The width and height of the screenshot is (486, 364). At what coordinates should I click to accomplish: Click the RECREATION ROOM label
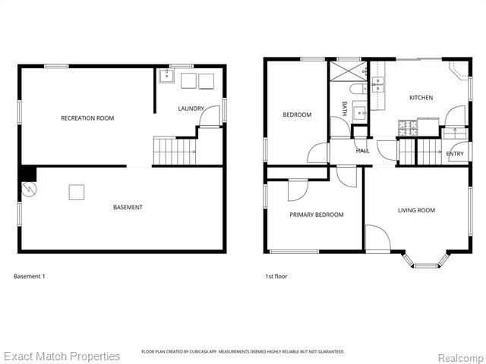[x=87, y=118]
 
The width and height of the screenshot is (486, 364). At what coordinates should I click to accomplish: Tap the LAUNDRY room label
[x=191, y=108]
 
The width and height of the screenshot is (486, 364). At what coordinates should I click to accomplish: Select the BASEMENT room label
[x=128, y=207]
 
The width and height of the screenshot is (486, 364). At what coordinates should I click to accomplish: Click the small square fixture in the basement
[x=77, y=192]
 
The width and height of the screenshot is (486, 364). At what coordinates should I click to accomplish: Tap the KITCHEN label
[x=421, y=98]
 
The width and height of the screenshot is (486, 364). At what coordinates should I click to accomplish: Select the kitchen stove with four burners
[x=407, y=126]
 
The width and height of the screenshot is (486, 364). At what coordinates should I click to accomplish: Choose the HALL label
[x=363, y=151]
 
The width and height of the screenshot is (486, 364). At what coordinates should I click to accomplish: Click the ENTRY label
[x=455, y=154]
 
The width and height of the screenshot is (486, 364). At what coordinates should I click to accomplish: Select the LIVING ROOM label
[x=416, y=210]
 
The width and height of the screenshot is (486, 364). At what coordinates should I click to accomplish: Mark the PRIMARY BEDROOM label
[x=316, y=215]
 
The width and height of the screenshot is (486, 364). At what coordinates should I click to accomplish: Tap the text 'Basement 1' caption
[x=30, y=276]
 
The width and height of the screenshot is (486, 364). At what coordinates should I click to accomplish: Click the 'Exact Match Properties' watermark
[x=62, y=356]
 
